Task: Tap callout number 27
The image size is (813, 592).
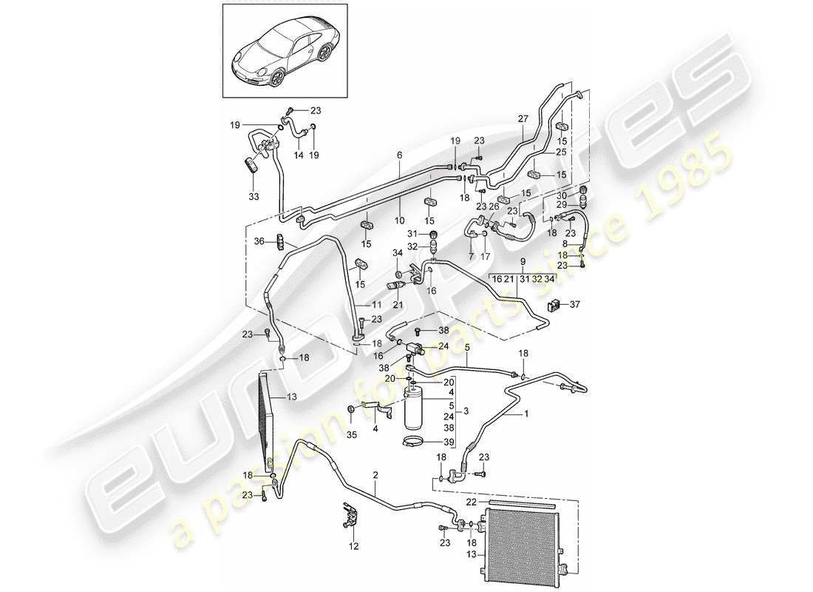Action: tap(523, 118)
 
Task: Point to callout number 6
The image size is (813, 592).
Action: tap(399, 155)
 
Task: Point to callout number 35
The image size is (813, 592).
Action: tap(351, 435)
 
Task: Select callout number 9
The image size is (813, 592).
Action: tap(523, 261)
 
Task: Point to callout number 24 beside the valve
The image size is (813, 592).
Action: tap(443, 346)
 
